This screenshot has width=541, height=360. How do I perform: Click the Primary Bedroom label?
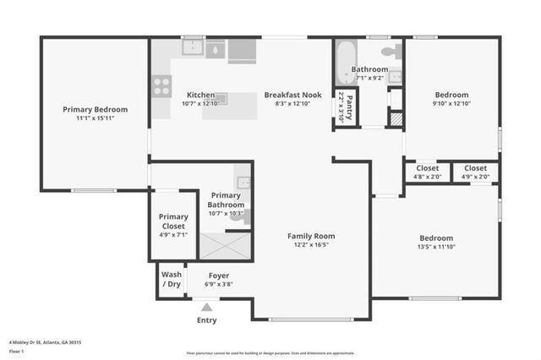(x=95, y=109)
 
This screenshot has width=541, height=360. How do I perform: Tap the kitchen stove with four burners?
(x=161, y=85)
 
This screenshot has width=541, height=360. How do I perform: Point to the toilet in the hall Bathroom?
(x=388, y=51)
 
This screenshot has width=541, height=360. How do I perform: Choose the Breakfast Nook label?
(x=288, y=95)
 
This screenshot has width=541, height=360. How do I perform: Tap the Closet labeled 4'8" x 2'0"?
(x=427, y=168)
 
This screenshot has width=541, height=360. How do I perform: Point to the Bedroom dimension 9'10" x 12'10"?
(x=452, y=103)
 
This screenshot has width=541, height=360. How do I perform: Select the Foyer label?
(x=219, y=275)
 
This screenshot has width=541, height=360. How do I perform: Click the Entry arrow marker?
(x=206, y=308)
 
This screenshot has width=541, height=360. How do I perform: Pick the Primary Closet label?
(x=173, y=221)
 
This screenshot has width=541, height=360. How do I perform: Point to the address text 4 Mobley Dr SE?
(x=35, y=342)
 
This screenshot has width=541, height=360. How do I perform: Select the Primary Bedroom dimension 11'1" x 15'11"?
(x=95, y=119)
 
